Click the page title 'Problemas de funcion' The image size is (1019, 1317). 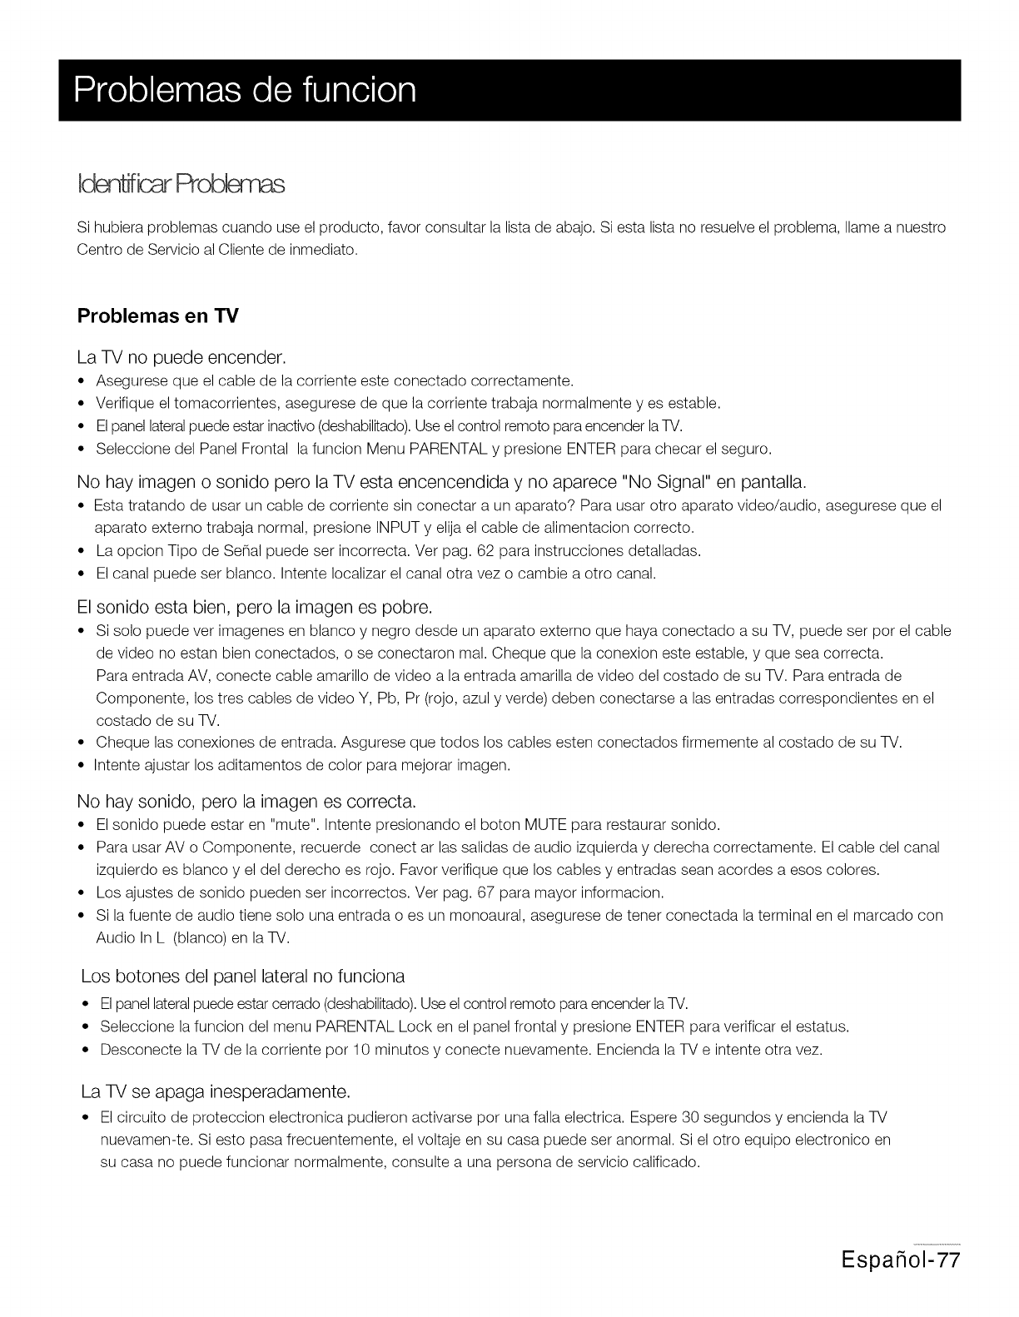(245, 89)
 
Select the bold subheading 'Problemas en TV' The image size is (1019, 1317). (157, 317)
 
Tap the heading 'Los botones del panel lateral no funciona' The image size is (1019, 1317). (243, 976)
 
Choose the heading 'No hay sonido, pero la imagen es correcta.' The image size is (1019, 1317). (246, 802)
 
